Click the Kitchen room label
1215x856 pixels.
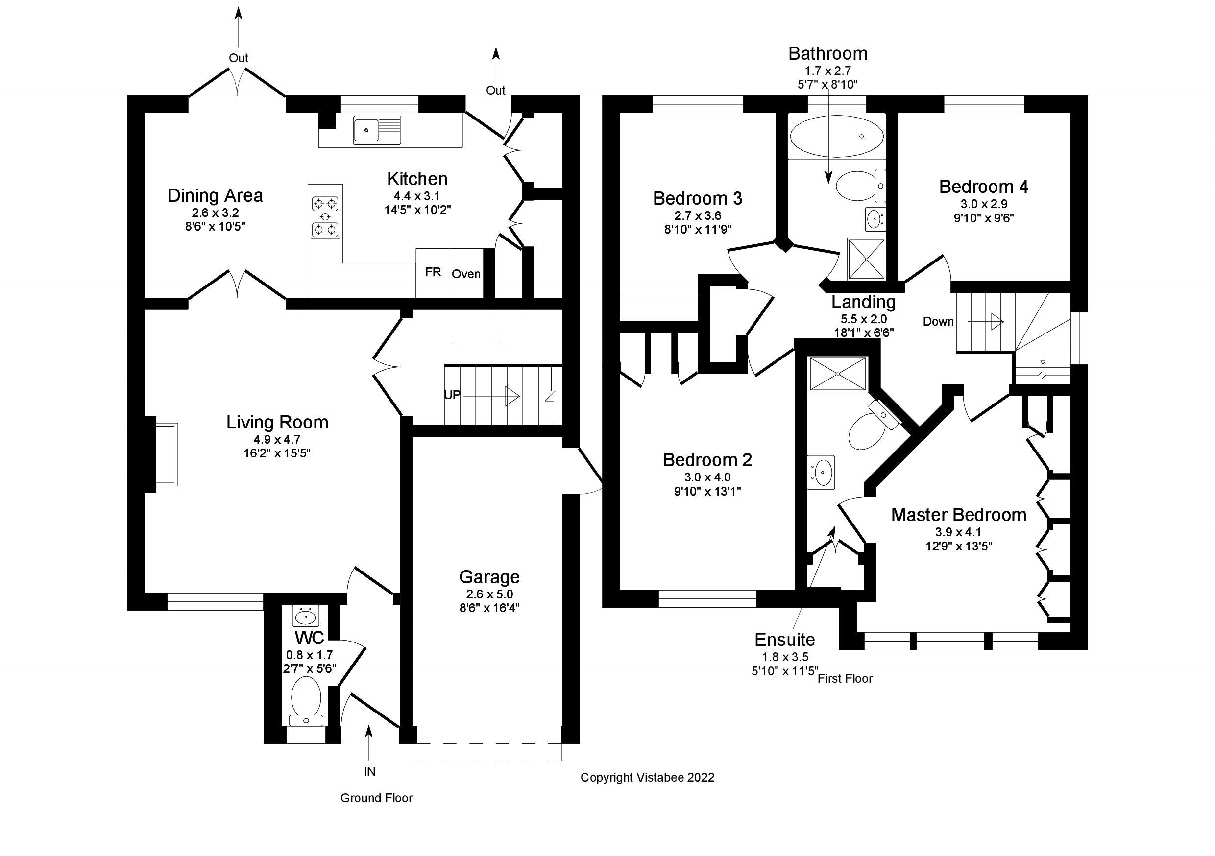point(417,179)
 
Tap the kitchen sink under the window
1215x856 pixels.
point(377,130)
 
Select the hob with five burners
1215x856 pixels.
point(325,216)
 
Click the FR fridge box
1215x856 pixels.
point(433,272)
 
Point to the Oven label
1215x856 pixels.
point(466,274)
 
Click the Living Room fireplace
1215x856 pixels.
point(166,453)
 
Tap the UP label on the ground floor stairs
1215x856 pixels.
point(452,395)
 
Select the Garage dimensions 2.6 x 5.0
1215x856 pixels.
point(489,594)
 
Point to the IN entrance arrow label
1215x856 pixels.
point(369,771)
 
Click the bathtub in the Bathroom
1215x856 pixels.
point(836,137)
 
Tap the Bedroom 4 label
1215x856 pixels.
point(983,187)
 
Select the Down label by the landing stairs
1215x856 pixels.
point(938,321)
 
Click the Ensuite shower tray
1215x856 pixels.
point(838,374)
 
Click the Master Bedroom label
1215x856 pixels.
point(958,515)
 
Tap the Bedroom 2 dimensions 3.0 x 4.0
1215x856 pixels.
point(707,477)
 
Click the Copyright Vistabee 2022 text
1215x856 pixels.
point(647,777)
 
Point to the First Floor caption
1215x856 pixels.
point(845,678)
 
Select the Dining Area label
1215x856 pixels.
point(215,196)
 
